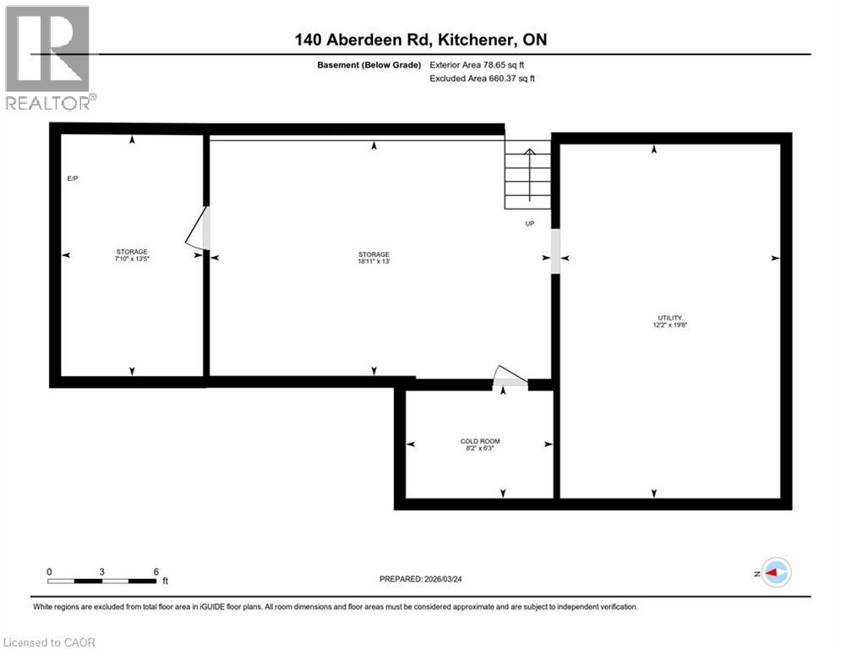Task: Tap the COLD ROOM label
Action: (479, 441)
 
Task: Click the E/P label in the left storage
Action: (73, 179)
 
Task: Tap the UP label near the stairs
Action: (530, 224)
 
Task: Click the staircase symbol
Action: (528, 175)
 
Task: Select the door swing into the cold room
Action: (510, 377)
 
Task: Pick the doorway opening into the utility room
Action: (555, 252)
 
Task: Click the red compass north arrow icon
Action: (775, 572)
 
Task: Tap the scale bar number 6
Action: (156, 571)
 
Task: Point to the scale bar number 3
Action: (101, 571)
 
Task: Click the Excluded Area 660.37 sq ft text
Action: (483, 79)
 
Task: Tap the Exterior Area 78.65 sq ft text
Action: (483, 64)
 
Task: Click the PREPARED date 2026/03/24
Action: (433, 579)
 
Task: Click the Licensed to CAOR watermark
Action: (50, 642)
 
